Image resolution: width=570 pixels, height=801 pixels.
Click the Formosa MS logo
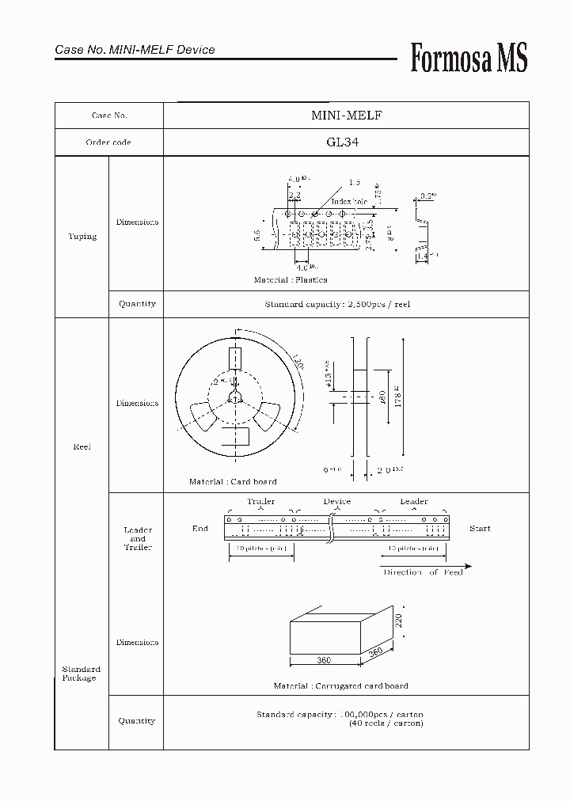click(469, 59)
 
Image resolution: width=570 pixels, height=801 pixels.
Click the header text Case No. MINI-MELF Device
click(135, 50)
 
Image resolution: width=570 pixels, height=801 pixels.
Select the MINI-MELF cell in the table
click(346, 116)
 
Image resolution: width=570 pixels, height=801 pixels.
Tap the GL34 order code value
click(346, 142)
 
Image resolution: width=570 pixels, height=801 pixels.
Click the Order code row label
click(108, 142)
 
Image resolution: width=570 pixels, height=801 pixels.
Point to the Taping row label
click(82, 236)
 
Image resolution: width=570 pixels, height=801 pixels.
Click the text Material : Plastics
click(290, 280)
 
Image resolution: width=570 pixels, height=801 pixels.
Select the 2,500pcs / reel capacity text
click(337, 304)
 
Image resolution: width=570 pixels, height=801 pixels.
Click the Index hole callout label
click(350, 202)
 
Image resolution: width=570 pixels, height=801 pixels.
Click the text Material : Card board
click(233, 481)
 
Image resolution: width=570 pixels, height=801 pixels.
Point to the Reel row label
click(82, 446)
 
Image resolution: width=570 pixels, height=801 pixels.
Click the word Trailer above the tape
click(260, 501)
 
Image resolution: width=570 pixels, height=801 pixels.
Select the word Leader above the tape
click(413, 501)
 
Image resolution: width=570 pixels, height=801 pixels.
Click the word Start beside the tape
click(479, 528)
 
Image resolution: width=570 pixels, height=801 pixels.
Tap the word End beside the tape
click(200, 528)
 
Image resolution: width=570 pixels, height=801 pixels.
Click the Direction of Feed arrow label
click(423, 571)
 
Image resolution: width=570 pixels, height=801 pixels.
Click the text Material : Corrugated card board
click(340, 685)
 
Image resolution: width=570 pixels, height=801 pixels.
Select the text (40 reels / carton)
click(386, 723)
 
